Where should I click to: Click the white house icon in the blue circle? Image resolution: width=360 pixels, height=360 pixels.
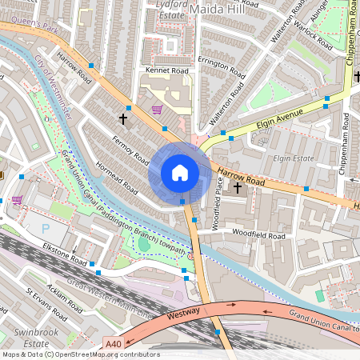(180, 172)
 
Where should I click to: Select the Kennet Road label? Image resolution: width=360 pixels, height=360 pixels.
(167, 70)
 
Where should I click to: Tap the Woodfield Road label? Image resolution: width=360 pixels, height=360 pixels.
(258, 237)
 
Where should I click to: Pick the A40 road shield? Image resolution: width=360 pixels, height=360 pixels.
(114, 344)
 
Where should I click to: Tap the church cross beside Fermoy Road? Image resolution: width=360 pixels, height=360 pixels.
(123, 118)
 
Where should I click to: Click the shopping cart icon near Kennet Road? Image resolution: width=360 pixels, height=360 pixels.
(157, 110)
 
